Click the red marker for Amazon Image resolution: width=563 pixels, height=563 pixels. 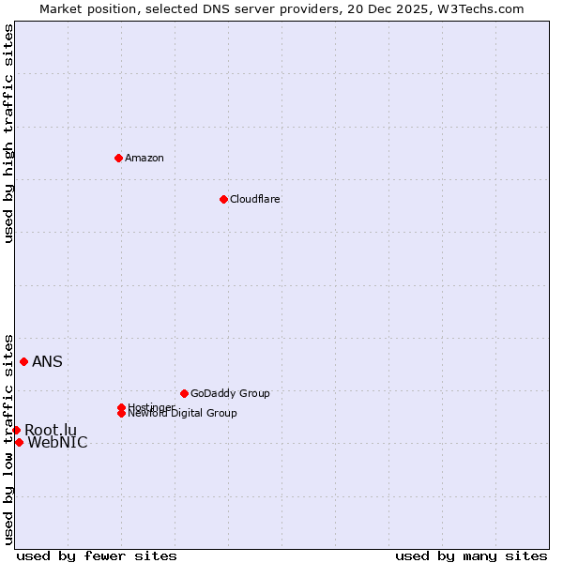118,158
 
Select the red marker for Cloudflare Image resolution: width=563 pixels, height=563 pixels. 223,199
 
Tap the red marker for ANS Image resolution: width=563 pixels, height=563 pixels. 23,361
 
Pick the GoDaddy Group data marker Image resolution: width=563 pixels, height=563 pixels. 184,393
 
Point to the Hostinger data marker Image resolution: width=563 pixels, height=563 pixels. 121,407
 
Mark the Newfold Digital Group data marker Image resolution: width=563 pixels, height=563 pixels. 122,413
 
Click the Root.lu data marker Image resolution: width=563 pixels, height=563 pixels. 16,430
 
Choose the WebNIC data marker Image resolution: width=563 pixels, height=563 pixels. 19,442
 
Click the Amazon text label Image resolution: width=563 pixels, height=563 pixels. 145,158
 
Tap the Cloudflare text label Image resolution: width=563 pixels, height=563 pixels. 254,199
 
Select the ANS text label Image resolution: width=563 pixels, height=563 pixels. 47,362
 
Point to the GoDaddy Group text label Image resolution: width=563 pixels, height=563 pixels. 230,393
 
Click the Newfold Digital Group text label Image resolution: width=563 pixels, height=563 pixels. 182,414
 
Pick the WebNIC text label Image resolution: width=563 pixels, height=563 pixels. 57,443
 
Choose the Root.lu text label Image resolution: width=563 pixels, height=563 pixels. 51,430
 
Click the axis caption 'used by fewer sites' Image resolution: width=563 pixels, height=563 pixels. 97,555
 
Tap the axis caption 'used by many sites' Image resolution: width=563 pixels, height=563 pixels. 471,555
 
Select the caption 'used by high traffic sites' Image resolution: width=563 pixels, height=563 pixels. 9,133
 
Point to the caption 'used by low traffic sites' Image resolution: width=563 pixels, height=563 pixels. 9,438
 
